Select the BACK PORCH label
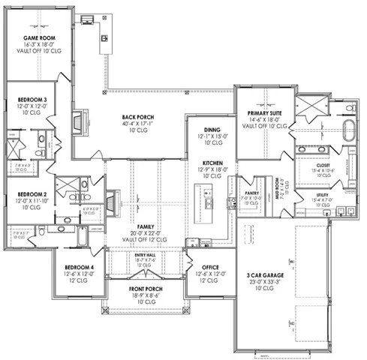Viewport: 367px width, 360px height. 138,117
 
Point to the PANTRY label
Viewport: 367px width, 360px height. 251,193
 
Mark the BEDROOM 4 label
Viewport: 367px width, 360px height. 78,267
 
